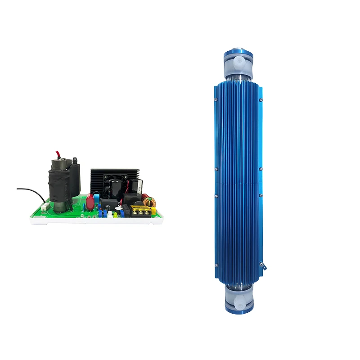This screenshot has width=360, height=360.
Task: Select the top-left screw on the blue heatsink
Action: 216,100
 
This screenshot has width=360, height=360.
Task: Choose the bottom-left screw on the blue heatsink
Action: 216,265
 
